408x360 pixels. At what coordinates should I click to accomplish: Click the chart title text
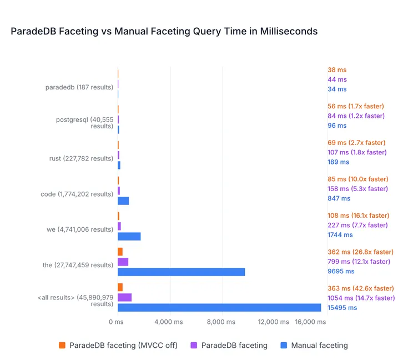pos(164,32)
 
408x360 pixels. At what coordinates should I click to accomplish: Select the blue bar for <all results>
pos(219,307)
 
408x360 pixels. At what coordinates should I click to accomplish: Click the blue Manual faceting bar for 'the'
pos(181,272)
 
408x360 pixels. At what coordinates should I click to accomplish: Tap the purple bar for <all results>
pos(124,297)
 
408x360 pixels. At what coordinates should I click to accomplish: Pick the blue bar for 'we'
pos(129,236)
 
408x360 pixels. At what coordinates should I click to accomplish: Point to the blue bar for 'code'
pos(123,201)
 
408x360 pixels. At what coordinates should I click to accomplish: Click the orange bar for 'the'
pos(120,252)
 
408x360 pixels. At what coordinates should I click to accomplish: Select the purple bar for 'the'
pos(123,262)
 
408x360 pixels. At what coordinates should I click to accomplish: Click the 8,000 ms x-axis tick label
pos(222,322)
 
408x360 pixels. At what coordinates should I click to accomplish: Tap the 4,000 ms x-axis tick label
pos(169,322)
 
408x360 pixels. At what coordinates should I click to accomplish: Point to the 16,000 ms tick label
pos(310,322)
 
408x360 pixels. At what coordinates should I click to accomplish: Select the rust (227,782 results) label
pos(81,158)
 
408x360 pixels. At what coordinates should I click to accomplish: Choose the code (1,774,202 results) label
pos(77,194)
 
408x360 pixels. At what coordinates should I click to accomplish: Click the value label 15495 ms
pos(342,307)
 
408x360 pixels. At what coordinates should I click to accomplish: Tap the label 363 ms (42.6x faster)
pos(361,288)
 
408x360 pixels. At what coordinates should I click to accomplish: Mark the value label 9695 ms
pos(341,272)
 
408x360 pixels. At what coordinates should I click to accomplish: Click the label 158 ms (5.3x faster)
pos(358,189)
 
